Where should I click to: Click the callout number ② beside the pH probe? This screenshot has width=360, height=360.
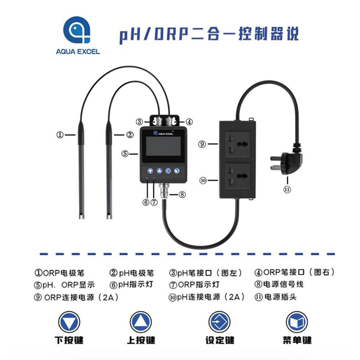130,135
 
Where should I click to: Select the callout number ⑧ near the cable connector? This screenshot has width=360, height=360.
182,195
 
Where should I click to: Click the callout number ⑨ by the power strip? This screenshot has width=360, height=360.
202,144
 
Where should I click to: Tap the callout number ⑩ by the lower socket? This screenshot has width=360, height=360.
202,180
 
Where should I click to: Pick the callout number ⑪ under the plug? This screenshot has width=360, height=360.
287,190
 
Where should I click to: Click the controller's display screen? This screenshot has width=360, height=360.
163,149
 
